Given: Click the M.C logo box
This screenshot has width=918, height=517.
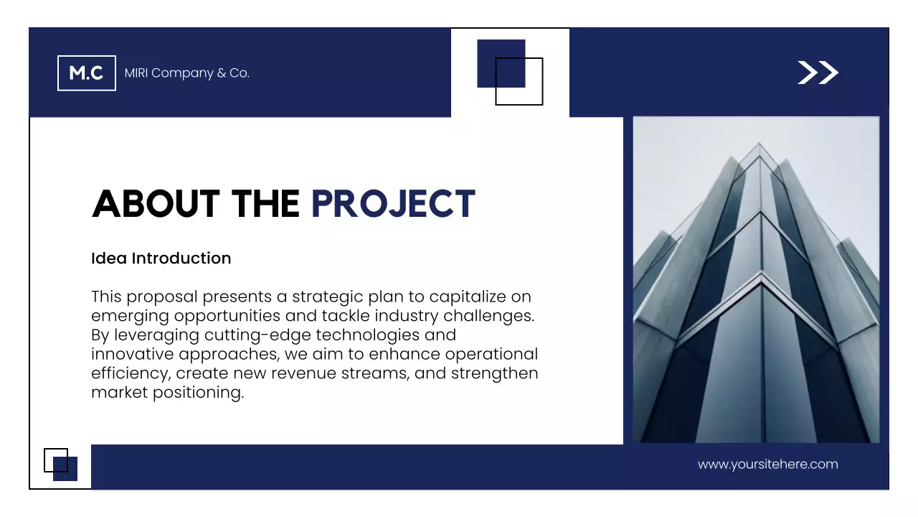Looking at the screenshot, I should (86, 73).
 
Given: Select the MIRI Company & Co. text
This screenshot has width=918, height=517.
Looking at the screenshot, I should (186, 73).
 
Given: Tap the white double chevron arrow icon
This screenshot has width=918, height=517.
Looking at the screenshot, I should (818, 73).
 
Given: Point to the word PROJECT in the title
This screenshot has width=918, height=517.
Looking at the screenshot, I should (393, 204).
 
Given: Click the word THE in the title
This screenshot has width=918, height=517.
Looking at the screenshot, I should (265, 204).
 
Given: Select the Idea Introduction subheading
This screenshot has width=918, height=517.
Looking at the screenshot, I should (161, 258).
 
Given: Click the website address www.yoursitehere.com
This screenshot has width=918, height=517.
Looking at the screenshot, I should (767, 465).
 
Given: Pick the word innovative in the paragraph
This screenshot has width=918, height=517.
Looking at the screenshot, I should (133, 355).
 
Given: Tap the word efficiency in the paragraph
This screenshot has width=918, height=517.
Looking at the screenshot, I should (130, 374).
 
